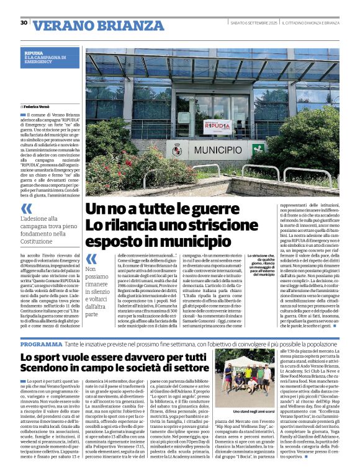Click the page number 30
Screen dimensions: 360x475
[24, 23]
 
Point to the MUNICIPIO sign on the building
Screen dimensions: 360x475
[217, 150]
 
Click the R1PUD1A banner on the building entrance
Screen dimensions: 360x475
[218, 127]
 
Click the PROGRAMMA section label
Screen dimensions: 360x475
[41, 344]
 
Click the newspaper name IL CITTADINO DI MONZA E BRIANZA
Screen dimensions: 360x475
[310, 23]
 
